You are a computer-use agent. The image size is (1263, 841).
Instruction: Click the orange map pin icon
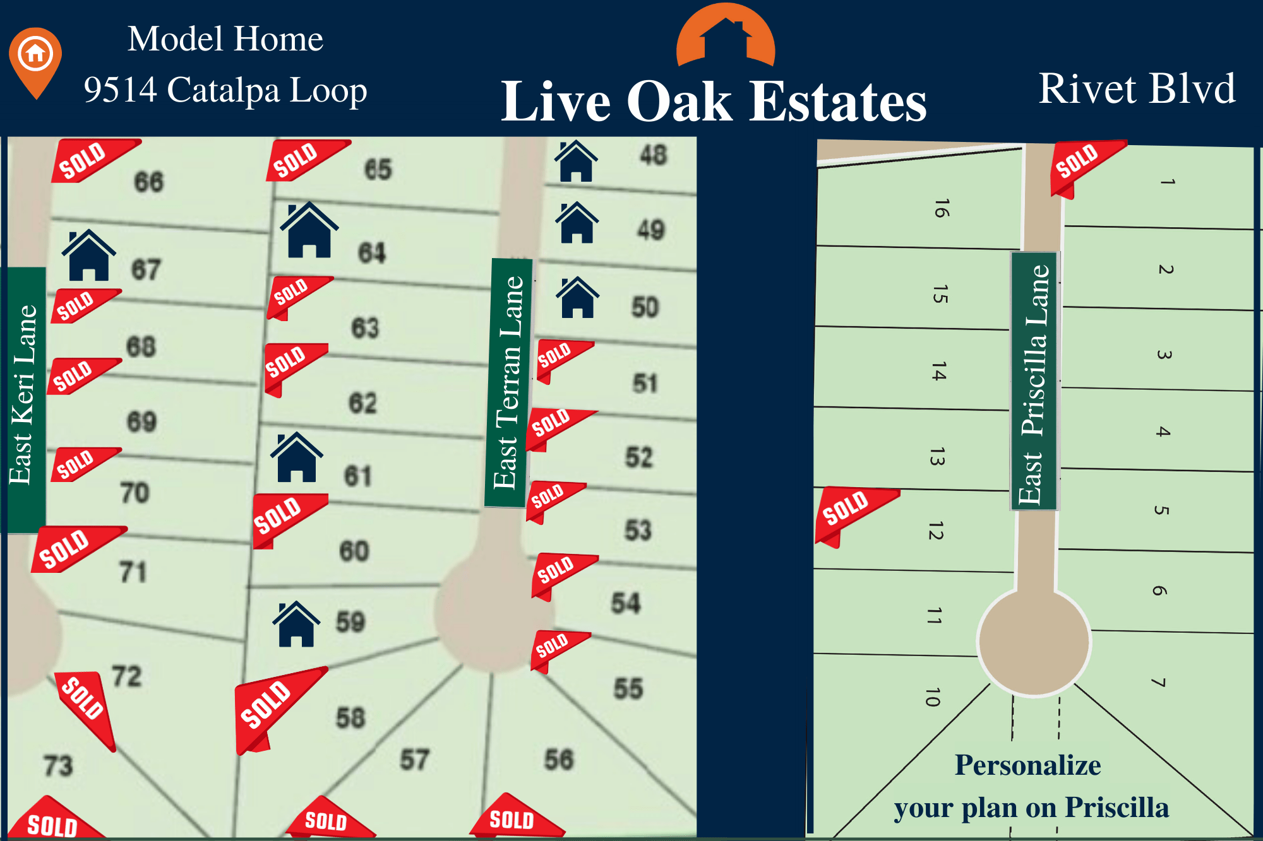coord(35,61)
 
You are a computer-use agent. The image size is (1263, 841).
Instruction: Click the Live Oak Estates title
coord(714,101)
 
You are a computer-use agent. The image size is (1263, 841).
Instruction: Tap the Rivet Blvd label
coord(1137,88)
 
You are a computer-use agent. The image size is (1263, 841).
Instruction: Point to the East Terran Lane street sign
coord(509,382)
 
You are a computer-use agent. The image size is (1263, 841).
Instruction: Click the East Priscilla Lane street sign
coord(1034,382)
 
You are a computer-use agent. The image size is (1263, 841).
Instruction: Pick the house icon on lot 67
coord(88,256)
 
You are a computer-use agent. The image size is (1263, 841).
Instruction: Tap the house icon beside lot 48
coord(576,162)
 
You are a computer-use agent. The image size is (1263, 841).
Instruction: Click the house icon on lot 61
coord(296,458)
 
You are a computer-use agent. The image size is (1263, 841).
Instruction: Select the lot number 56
coord(559,760)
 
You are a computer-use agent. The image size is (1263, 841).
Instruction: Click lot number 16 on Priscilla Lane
coord(941,208)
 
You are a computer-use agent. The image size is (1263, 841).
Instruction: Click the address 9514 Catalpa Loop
coord(225,90)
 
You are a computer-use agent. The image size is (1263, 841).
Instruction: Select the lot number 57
coord(414,760)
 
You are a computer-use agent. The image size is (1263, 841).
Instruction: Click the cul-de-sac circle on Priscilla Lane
coord(1034,642)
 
